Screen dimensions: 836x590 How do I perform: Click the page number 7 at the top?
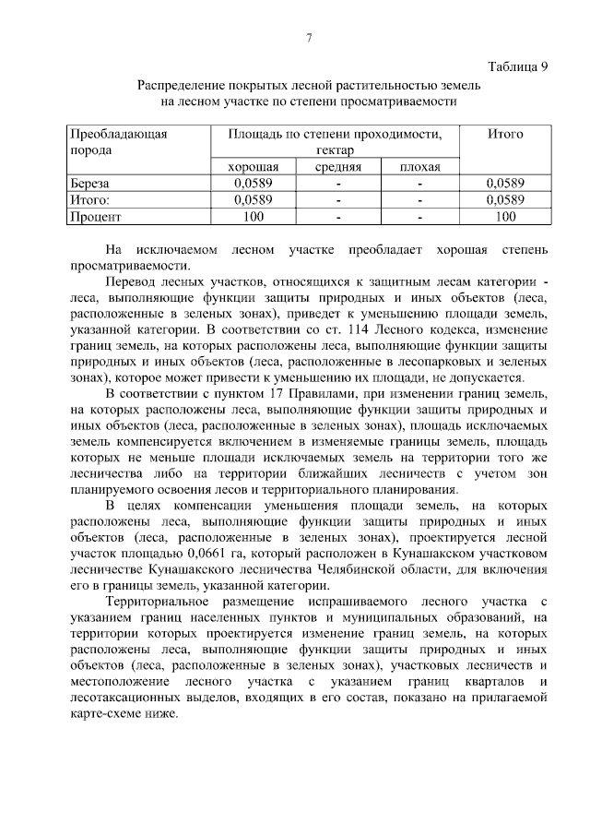click(x=310, y=37)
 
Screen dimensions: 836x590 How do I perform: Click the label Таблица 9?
click(x=516, y=66)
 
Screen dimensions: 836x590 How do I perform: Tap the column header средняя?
click(x=337, y=167)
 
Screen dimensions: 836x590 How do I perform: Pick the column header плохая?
click(x=419, y=167)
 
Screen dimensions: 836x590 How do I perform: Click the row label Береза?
click(x=89, y=184)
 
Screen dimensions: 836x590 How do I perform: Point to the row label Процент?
click(x=96, y=217)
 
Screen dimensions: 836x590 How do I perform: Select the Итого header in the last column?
click(x=505, y=134)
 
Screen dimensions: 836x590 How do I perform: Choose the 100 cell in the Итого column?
click(x=505, y=217)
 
